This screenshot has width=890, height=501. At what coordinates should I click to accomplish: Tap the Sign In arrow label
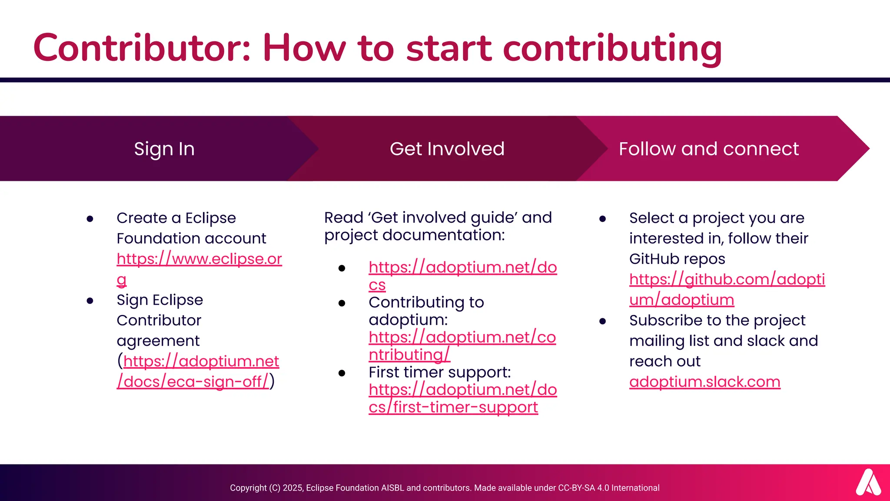(164, 149)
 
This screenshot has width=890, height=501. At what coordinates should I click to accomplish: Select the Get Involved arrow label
(447, 149)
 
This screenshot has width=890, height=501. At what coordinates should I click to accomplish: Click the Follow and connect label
(709, 149)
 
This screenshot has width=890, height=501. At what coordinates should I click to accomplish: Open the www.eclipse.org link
(199, 259)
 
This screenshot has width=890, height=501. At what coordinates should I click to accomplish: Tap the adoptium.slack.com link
(704, 382)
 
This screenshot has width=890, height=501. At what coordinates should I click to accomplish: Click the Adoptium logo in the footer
(868, 482)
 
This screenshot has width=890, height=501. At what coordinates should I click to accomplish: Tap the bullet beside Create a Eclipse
(90, 219)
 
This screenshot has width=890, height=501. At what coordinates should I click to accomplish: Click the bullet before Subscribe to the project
(602, 321)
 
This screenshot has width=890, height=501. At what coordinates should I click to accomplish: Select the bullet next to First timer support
(342, 373)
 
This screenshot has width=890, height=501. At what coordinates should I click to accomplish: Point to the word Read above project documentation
(343, 217)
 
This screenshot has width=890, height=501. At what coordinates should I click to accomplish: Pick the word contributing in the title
(612, 49)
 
